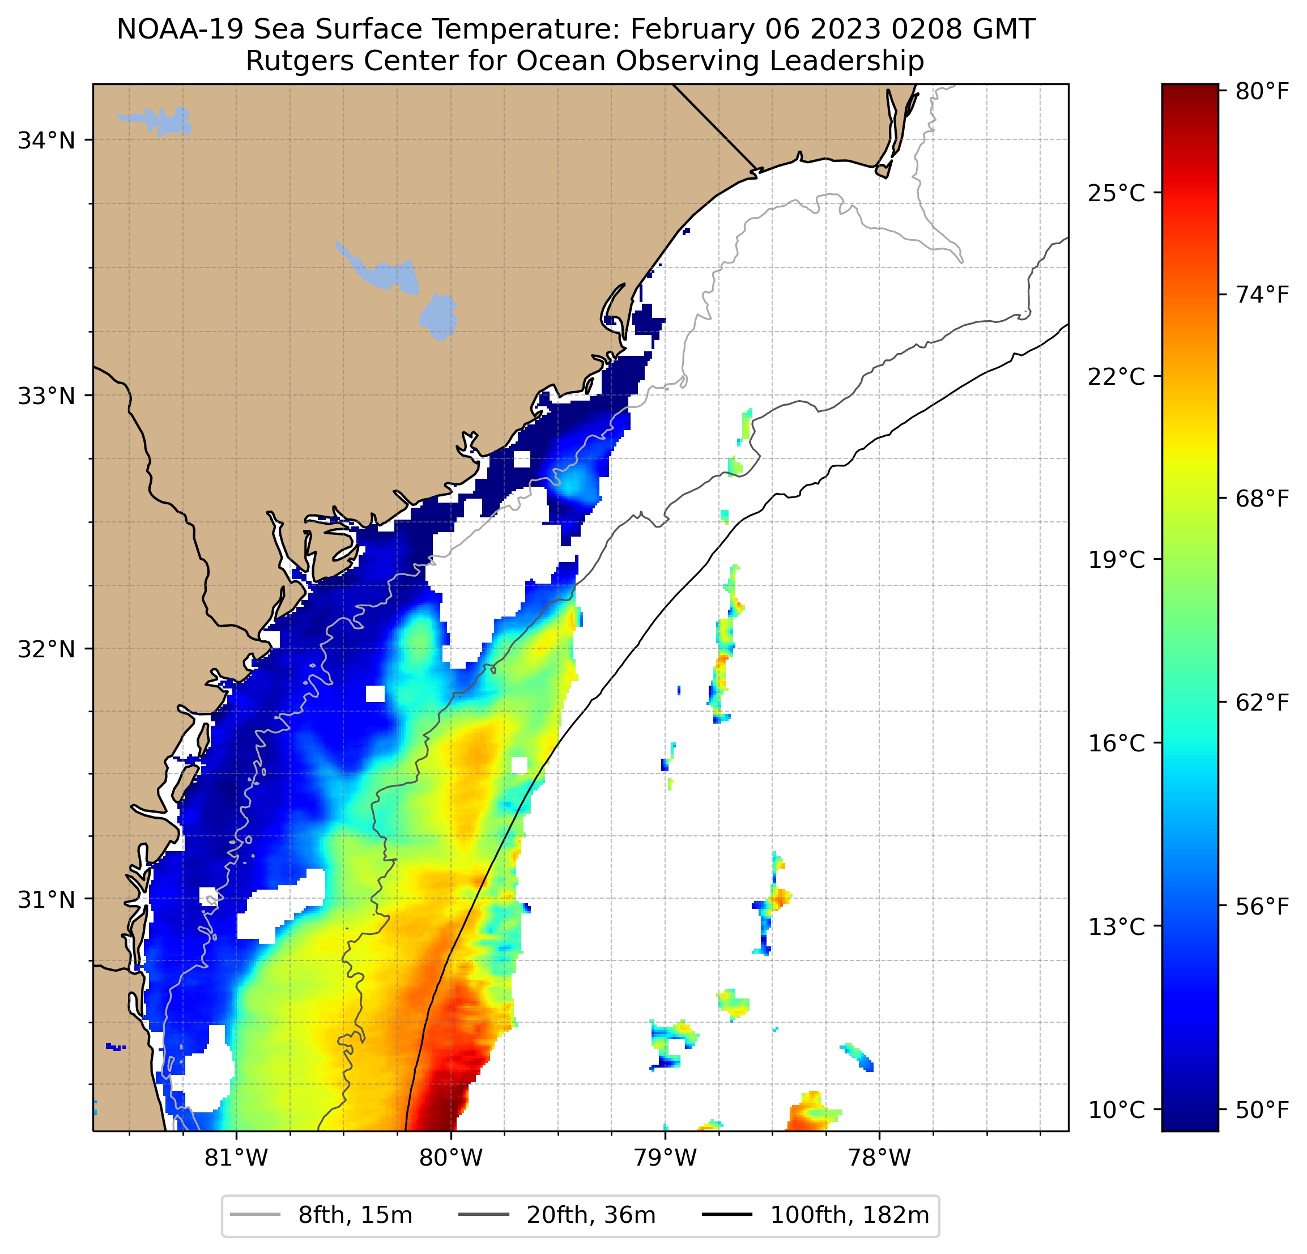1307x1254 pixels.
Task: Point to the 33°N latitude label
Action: (x=46, y=396)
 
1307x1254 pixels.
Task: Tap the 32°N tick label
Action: (x=46, y=649)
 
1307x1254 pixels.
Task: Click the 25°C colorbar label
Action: (x=1116, y=193)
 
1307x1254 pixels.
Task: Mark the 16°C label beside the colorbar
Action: (x=1116, y=743)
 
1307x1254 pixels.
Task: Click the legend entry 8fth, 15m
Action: (x=355, y=1215)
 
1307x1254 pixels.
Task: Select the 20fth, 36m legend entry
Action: (x=591, y=1215)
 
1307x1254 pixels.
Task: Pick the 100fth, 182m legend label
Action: (x=849, y=1215)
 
